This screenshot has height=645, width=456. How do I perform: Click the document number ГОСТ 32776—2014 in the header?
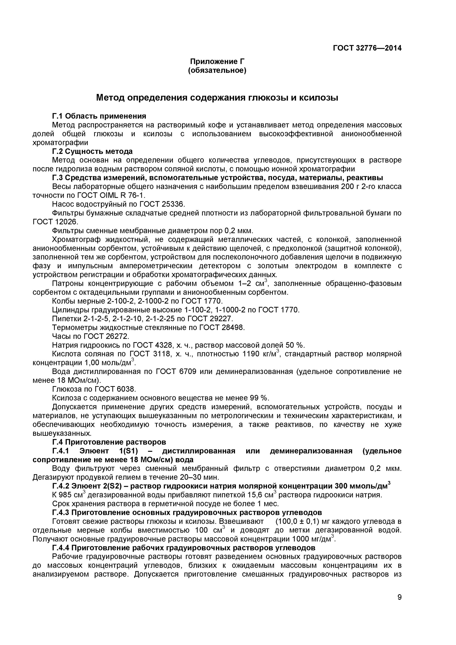point(367,48)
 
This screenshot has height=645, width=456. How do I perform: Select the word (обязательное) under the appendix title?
point(217,70)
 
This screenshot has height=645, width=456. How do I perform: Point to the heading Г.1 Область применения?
point(99,116)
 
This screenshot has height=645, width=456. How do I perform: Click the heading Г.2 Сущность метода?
point(92,151)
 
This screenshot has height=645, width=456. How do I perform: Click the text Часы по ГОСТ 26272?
point(91,336)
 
